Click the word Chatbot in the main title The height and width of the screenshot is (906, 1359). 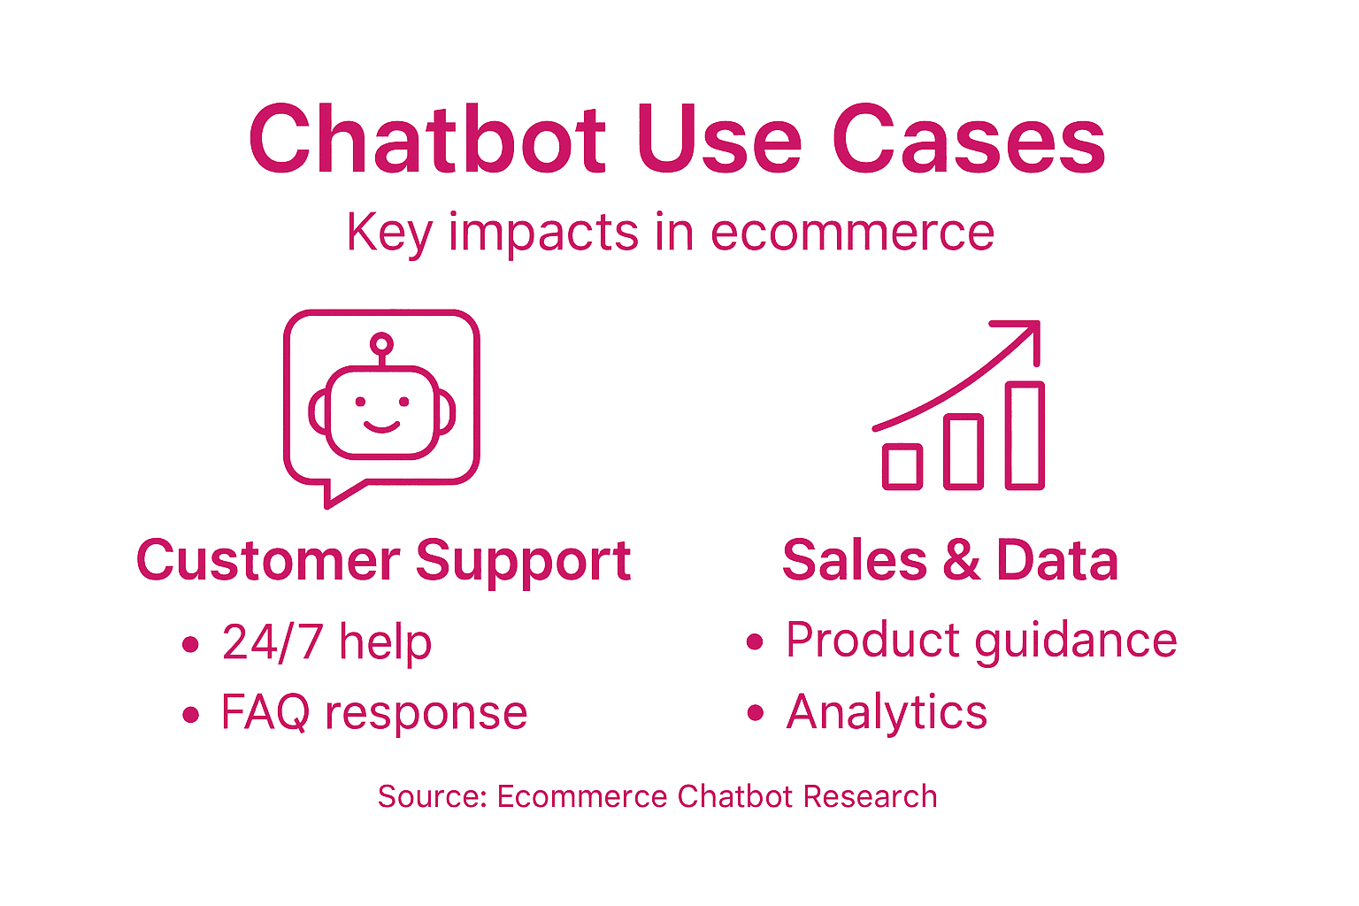tap(427, 141)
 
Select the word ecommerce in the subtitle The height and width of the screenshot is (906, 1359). tap(852, 233)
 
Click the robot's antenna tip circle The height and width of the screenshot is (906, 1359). tap(381, 343)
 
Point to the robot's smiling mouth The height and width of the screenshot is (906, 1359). tap(381, 428)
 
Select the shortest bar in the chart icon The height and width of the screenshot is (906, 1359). tap(902, 465)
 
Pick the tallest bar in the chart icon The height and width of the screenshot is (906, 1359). tap(1025, 434)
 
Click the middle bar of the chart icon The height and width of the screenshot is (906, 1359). tap(963, 451)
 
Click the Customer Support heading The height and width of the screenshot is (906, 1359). tap(383, 561)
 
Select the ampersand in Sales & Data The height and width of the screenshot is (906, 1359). tap(962, 561)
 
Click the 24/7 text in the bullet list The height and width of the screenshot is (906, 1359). tap(272, 642)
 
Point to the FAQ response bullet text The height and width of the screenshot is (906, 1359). tap(373, 712)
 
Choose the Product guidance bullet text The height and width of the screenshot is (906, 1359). tap(980, 641)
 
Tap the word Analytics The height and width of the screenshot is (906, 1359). tap(886, 712)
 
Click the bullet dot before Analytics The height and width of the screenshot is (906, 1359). tap(754, 712)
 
